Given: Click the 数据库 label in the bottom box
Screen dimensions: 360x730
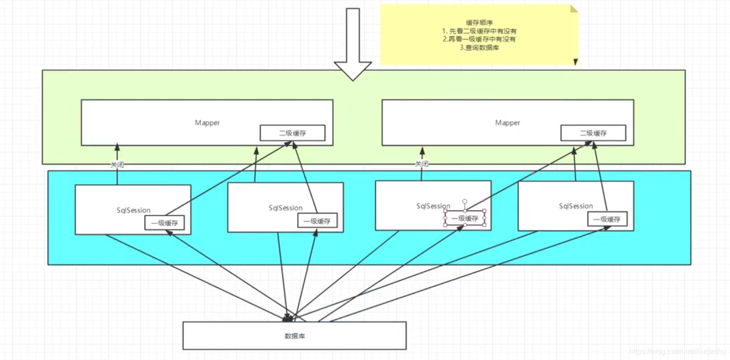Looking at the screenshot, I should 294,336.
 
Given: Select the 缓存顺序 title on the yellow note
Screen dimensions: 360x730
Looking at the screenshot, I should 479,22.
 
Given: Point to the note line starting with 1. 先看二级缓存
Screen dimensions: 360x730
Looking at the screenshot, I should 479,31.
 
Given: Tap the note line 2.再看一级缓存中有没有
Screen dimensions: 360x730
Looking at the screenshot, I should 479,40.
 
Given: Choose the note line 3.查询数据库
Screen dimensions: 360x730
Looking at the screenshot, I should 479,48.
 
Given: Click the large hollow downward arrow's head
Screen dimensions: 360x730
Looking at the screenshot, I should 353,71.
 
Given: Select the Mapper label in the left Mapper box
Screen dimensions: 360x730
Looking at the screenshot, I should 207,123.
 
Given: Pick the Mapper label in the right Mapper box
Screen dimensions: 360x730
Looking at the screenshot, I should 507,123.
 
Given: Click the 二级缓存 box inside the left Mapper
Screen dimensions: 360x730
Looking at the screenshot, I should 292,133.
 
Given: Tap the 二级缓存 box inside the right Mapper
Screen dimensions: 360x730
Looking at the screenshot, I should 593,133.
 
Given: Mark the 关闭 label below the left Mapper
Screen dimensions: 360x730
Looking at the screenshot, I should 117,165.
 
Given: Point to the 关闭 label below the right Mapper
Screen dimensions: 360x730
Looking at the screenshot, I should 421,164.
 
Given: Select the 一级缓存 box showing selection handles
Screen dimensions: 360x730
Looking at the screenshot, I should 465,218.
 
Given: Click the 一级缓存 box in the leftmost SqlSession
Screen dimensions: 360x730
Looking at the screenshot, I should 164,223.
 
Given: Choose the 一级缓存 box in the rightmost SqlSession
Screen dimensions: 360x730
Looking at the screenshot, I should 607,219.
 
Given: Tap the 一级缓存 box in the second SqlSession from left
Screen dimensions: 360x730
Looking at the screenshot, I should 317,221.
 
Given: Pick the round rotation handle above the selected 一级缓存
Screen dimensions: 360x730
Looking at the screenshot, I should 465,201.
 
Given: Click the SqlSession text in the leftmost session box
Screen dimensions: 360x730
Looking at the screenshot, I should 134,210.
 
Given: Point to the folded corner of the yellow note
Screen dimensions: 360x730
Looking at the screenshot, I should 574,9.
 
